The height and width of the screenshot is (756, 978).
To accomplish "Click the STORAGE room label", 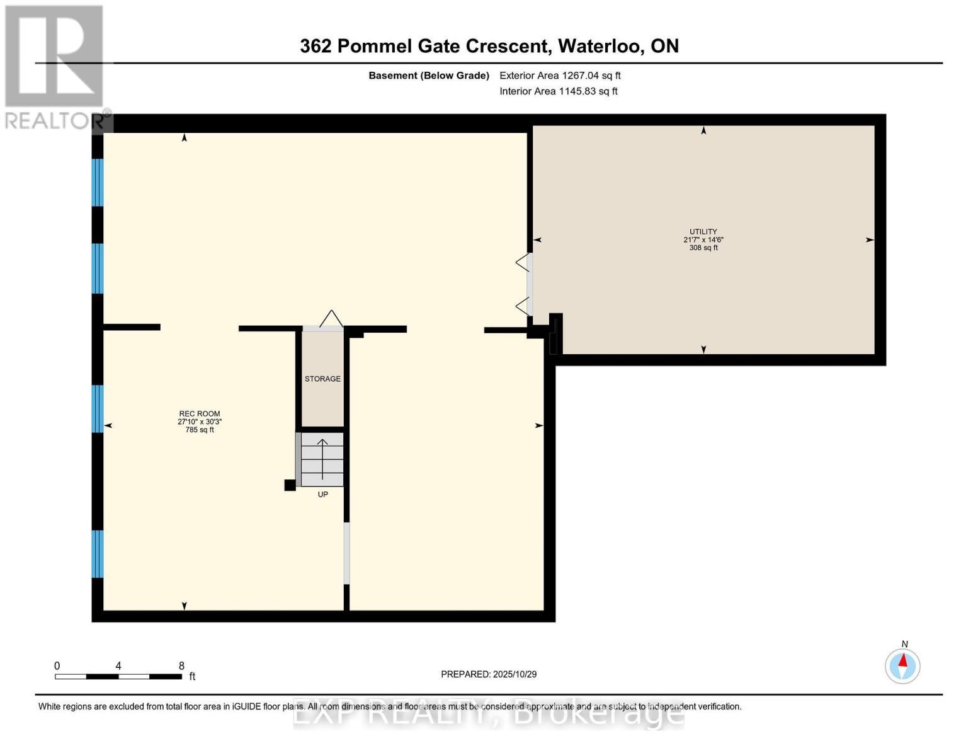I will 322,379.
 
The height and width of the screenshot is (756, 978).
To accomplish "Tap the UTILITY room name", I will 703,232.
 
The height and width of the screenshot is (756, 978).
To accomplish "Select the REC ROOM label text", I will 199,414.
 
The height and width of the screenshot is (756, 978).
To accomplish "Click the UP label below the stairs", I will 322,495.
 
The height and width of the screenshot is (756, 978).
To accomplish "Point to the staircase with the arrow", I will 322,459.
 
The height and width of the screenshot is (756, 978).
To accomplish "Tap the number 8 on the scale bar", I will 181,666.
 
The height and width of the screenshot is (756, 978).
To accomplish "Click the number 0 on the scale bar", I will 57,666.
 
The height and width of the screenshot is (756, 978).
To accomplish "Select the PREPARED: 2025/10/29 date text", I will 489,674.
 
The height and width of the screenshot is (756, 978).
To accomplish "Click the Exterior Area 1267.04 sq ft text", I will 560,76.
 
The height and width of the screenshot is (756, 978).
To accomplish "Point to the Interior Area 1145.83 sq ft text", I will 558,91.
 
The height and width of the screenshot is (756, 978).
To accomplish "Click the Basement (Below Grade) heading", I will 429,76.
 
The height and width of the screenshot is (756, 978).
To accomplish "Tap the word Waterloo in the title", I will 600,46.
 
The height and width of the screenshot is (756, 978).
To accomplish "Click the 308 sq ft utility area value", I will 703,248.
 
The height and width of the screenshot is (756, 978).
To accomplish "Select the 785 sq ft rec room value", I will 199,430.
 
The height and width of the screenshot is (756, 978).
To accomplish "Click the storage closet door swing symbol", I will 331,319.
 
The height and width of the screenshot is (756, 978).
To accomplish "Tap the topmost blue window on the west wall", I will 98,183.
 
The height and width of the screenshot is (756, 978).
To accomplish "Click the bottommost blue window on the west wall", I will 98,554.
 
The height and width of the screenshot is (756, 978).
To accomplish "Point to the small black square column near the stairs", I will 290,485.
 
